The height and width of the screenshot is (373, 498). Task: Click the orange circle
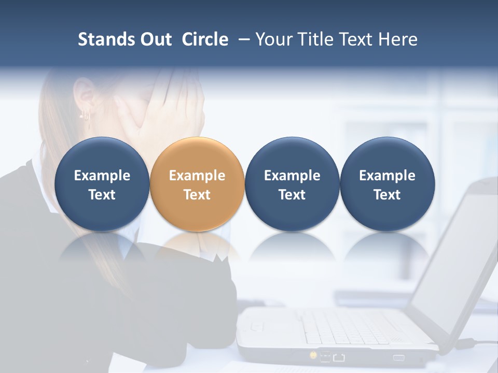(197, 184)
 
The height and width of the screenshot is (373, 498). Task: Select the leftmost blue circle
(102, 184)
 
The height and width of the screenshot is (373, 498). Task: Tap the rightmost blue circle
(387, 184)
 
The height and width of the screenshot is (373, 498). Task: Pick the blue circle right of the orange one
(292, 184)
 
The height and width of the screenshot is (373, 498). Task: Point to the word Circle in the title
(205, 39)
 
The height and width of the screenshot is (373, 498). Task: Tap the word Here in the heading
(398, 39)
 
